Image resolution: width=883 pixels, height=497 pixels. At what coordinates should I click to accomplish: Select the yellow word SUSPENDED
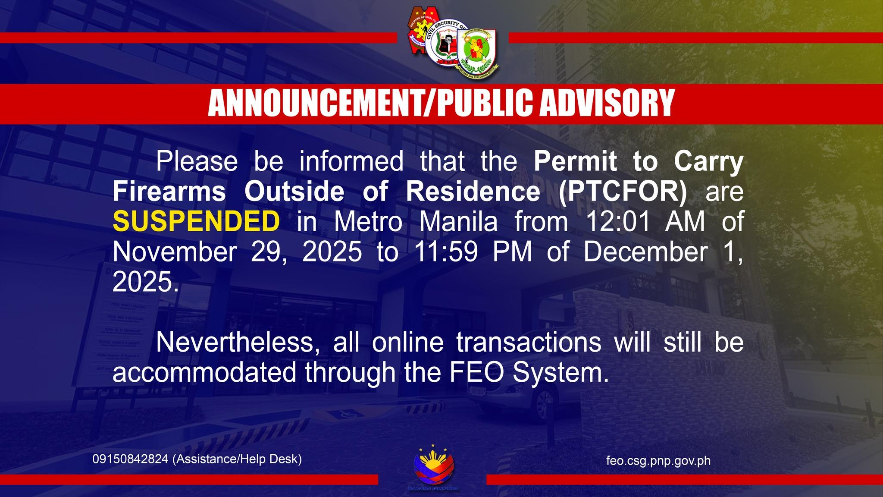point(196,221)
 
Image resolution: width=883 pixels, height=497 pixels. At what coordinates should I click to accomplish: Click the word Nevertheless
point(235,342)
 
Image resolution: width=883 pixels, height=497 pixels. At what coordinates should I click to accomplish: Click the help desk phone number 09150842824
point(130,459)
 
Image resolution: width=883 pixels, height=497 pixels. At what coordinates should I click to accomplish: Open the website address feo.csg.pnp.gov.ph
point(658,461)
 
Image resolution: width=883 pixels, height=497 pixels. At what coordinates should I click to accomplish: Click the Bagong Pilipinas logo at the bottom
point(433,468)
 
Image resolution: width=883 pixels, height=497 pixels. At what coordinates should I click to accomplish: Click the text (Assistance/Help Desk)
point(237,459)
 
